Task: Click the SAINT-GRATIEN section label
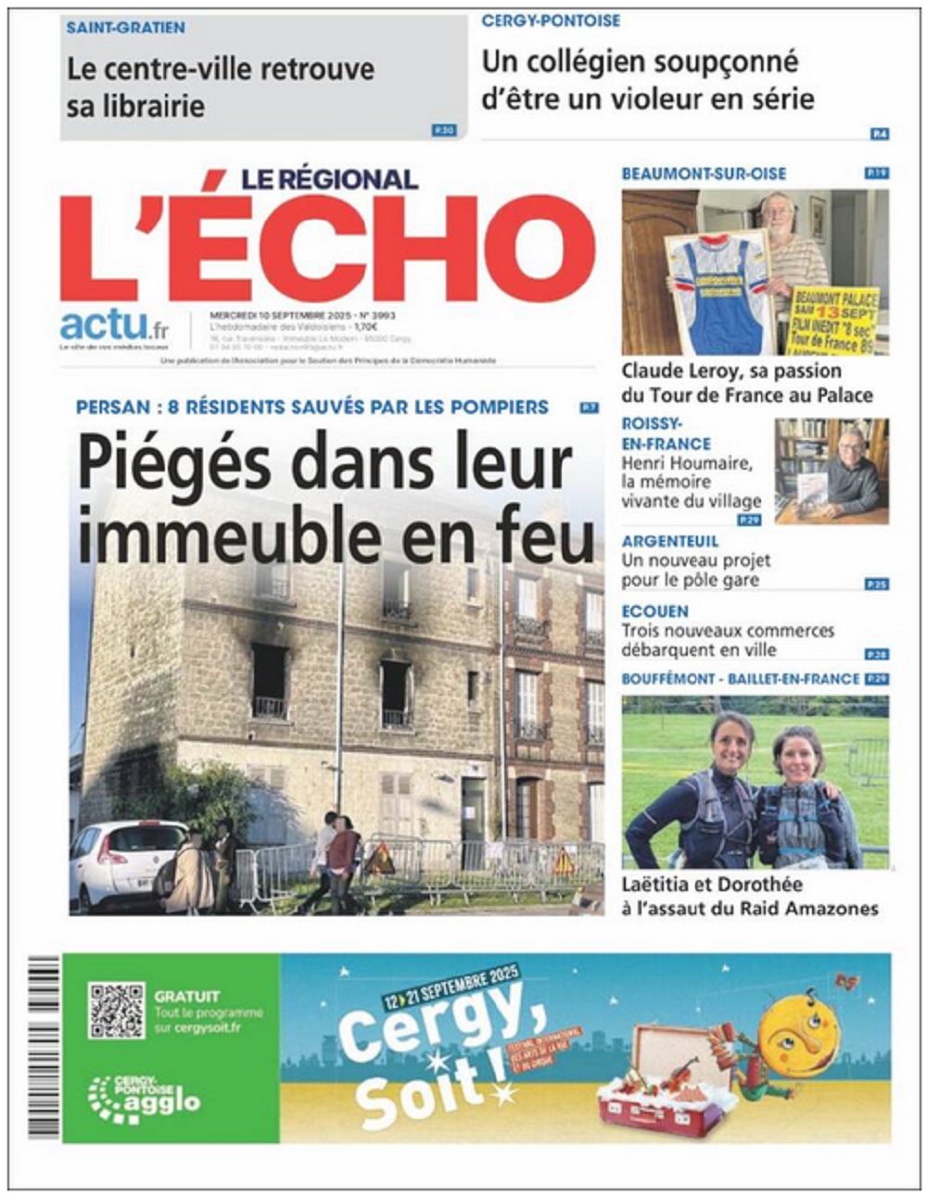tap(125, 28)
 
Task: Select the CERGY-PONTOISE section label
tap(551, 20)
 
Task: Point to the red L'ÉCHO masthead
tap(327, 248)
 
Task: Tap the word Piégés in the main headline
tap(171, 463)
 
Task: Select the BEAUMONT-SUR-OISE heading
tap(704, 173)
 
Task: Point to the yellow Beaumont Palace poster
tap(833, 320)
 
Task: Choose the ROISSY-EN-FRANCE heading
tap(666, 433)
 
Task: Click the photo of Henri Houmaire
tap(832, 471)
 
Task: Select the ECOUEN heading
tap(654, 611)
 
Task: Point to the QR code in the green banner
tap(117, 1011)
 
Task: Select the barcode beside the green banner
tap(44, 1047)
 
